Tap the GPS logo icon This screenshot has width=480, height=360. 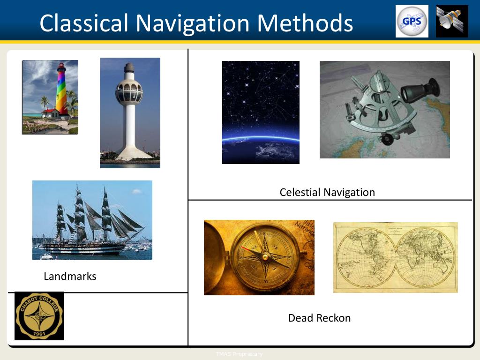pos(412,22)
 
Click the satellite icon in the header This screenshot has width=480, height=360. pos(451,22)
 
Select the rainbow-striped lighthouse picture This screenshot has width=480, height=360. pos(50,97)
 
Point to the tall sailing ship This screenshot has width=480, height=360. pos(92,220)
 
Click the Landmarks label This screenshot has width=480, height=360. pos(70,277)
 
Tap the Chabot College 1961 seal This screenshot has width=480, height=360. pos(39,316)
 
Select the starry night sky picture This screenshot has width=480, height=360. pos(261,112)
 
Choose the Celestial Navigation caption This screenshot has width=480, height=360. pos(327,192)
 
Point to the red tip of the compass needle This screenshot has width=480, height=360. pos(244,247)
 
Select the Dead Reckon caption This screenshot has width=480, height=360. pos(319,318)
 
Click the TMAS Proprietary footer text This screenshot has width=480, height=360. pos(239,354)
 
